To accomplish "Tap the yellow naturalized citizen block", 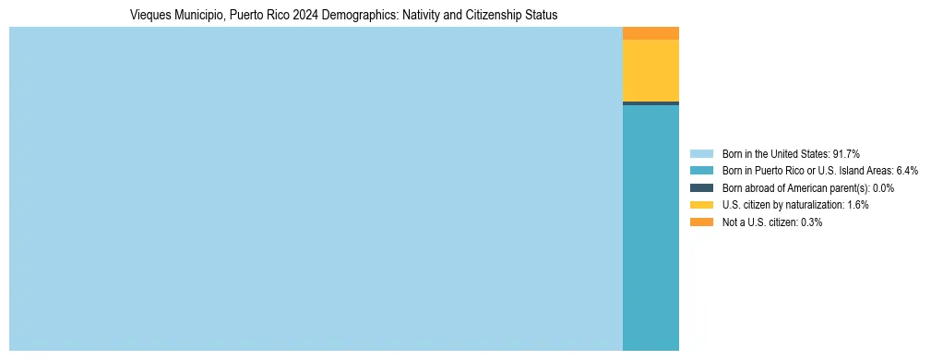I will [651, 70].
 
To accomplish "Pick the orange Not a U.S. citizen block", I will [651, 33].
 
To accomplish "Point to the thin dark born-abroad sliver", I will [651, 103].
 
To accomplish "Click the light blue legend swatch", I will [701, 153].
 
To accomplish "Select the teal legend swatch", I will [701, 171].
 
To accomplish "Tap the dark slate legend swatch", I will [701, 187].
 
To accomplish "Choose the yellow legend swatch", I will [701, 205].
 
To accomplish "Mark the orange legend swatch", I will [701, 222].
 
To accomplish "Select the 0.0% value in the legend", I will [881, 187].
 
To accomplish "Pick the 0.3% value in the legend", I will [811, 222].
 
